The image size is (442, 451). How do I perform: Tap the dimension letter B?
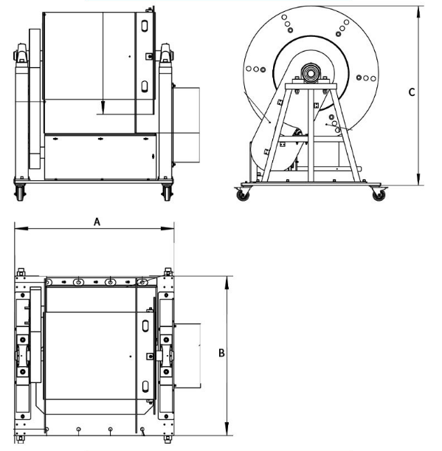coord(221,353)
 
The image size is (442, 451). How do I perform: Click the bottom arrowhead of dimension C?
coord(418,181)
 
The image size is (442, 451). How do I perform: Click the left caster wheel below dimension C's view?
coord(242,195)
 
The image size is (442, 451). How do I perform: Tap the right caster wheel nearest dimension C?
coord(377,195)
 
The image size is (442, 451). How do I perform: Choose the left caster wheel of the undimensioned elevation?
coord(19,193)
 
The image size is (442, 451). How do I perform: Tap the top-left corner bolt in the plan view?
coord(20,271)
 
